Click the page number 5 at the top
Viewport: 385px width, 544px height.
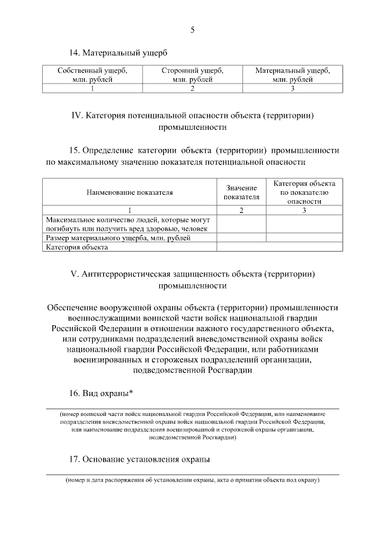pyautogui.click(x=192, y=29)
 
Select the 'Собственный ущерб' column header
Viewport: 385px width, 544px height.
pyautogui.click(x=92, y=75)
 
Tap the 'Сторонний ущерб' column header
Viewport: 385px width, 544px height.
pyautogui.click(x=192, y=75)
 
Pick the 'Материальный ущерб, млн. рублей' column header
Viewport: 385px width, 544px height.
pyautogui.click(x=292, y=75)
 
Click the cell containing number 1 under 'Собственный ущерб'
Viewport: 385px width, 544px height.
pyautogui.click(x=92, y=89)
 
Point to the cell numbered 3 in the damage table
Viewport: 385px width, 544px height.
pyautogui.click(x=292, y=89)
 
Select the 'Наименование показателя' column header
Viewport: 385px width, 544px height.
pyautogui.click(x=129, y=192)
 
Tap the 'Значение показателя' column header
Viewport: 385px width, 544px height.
pyautogui.click(x=241, y=192)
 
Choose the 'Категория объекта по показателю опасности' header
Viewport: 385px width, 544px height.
pyautogui.click(x=304, y=192)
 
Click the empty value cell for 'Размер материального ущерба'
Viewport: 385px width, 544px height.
pyautogui.click(x=241, y=238)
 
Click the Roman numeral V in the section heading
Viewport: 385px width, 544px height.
pyautogui.click(x=73, y=274)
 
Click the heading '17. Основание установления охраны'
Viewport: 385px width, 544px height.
pyautogui.click(x=140, y=460)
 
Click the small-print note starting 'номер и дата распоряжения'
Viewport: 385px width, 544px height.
pyautogui.click(x=192, y=480)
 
